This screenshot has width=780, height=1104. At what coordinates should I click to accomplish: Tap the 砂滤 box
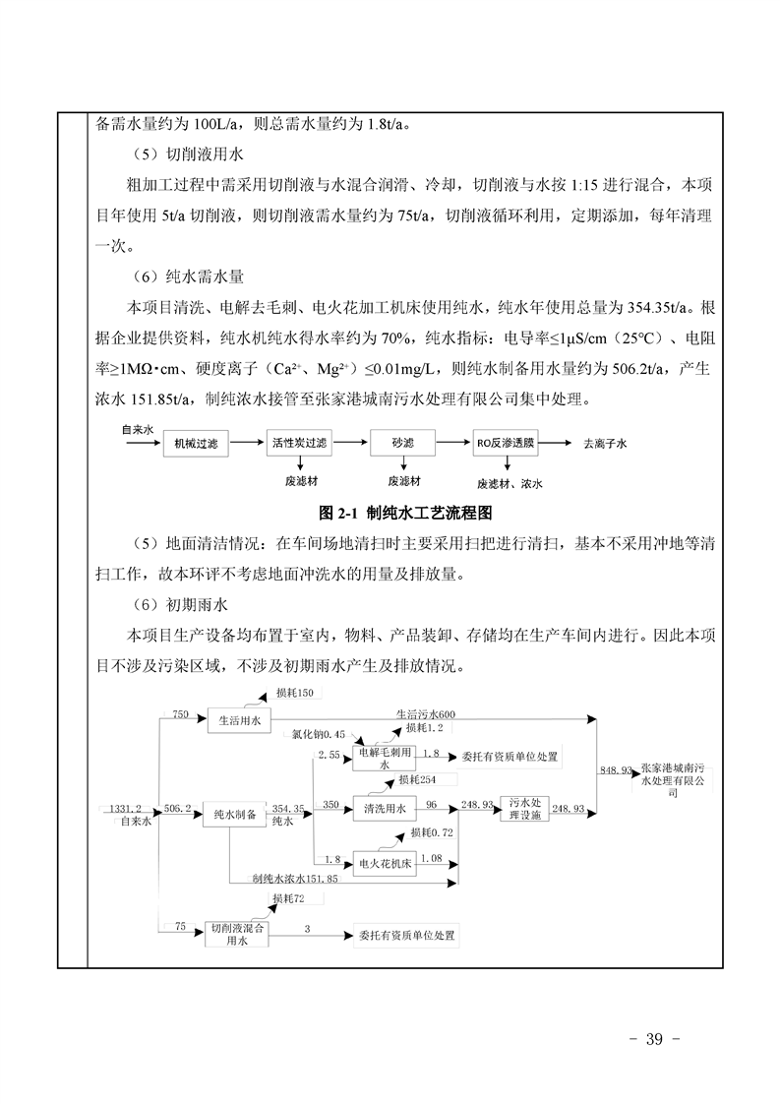[x=399, y=444]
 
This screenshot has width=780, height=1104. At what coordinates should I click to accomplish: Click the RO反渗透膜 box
[x=505, y=444]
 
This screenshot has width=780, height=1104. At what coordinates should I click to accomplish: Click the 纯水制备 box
[x=235, y=815]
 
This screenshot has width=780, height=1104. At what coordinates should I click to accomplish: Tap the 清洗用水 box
[x=386, y=810]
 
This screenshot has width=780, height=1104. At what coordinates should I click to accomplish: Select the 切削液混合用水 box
[x=235, y=934]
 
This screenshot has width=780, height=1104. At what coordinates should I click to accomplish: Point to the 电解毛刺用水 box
[x=385, y=757]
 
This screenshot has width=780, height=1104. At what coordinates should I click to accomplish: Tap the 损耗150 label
[x=294, y=695]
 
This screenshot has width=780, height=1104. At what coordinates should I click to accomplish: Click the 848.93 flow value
[x=615, y=771]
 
